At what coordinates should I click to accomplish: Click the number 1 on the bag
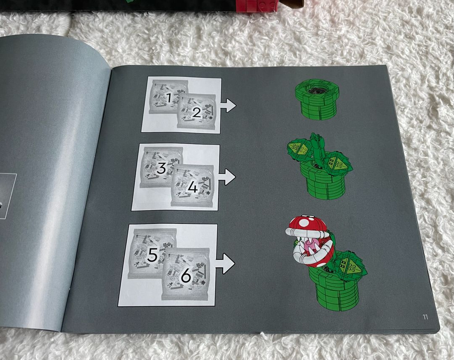[x=169, y=97]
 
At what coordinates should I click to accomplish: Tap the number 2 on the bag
[x=197, y=112]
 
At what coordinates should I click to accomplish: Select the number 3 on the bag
[x=161, y=168]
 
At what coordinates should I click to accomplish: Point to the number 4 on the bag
[x=192, y=187]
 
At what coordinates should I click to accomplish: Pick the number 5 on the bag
[x=152, y=255]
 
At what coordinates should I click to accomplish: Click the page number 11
[x=425, y=317]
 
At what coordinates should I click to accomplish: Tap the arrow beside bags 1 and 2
[x=228, y=106]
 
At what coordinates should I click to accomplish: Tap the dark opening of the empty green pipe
[x=317, y=90]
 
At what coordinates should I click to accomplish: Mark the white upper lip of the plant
[x=307, y=232]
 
